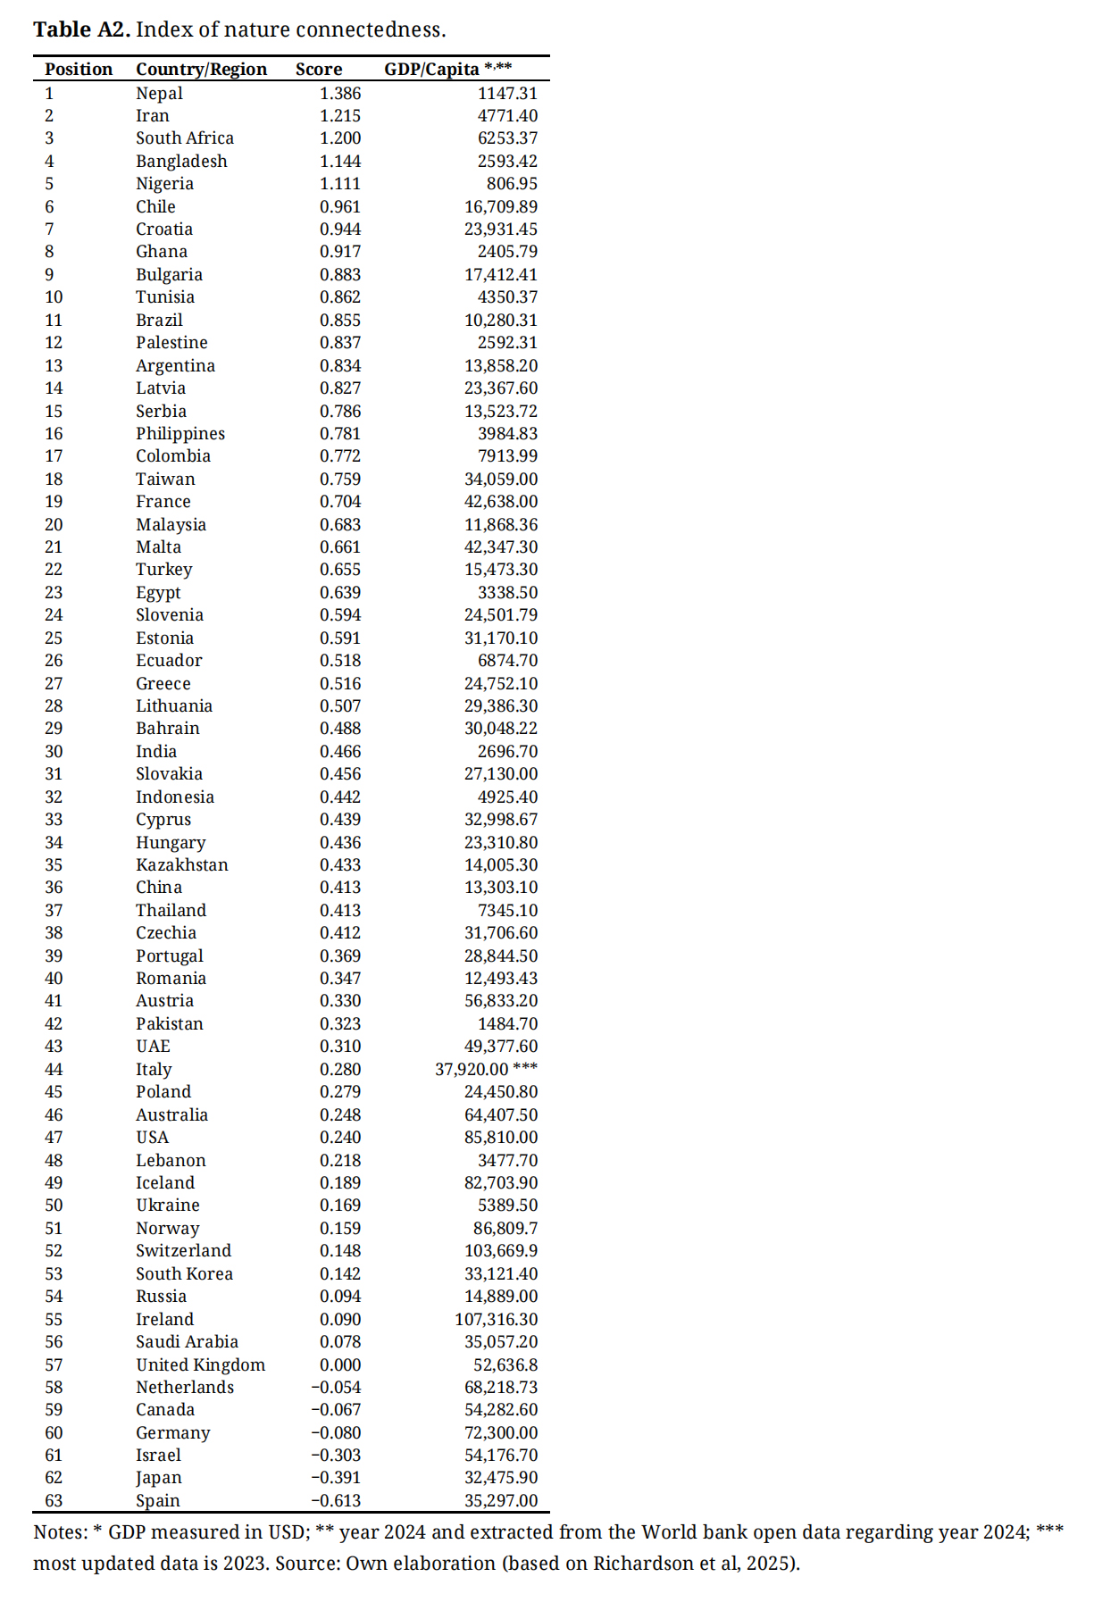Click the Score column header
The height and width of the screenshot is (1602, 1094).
pos(319,70)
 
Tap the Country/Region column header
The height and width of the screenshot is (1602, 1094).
pos(201,70)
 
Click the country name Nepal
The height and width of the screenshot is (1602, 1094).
pos(159,93)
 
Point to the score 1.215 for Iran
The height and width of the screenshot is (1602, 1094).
pos(340,116)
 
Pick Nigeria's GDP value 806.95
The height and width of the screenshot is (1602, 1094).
pos(512,184)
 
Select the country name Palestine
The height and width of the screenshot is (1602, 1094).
pos(171,343)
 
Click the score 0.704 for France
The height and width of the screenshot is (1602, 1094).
pos(340,502)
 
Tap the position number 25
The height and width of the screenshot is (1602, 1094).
pos(54,638)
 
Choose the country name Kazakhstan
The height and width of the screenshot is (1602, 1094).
pos(182,865)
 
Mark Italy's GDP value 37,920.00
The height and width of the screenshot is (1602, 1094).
pos(472,1070)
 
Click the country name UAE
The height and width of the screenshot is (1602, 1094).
pos(153,1047)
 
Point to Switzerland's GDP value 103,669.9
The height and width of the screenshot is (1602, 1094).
pos(501,1251)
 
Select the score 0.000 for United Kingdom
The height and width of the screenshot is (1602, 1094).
pos(340,1365)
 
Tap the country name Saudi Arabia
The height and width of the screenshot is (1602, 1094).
pos(187,1342)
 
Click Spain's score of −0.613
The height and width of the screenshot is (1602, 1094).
pos(336,1501)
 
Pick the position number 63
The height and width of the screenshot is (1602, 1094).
pos(54,1501)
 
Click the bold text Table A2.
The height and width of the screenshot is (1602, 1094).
pos(82,29)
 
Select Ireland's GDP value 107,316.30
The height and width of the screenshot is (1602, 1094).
pos(497,1320)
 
